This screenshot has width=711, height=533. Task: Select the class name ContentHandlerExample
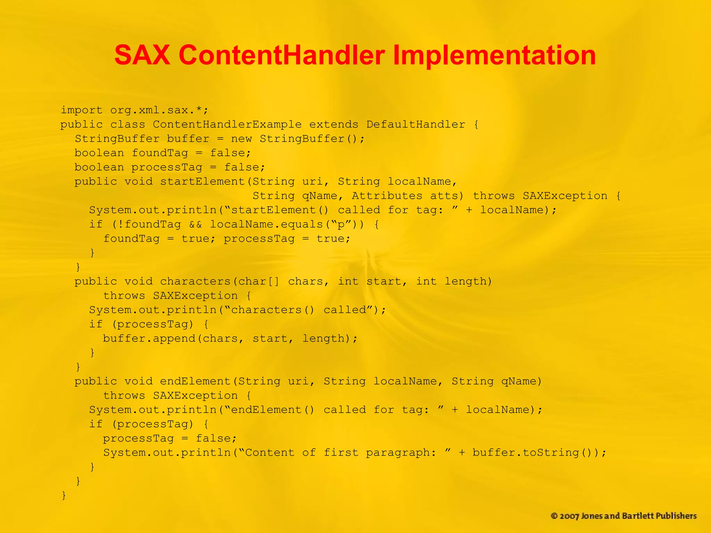[x=227, y=124]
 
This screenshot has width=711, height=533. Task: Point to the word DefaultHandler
[x=416, y=124]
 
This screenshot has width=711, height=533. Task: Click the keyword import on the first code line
[x=82, y=110]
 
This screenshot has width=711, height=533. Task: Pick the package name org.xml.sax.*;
[x=159, y=110]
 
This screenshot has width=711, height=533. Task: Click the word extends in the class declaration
[x=334, y=124]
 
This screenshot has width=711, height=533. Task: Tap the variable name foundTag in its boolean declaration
[x=160, y=153]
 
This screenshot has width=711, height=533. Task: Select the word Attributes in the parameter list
[x=387, y=196]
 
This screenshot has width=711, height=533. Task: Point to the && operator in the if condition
[x=195, y=225]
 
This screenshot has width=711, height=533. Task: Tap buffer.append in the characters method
[x=149, y=338]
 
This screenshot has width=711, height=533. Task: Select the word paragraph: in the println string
[x=401, y=452]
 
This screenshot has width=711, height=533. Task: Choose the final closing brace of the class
[x=64, y=495]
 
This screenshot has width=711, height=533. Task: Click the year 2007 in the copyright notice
[x=569, y=516]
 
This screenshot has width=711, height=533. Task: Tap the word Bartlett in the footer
[x=638, y=516]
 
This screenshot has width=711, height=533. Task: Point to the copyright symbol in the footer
[x=554, y=516]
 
